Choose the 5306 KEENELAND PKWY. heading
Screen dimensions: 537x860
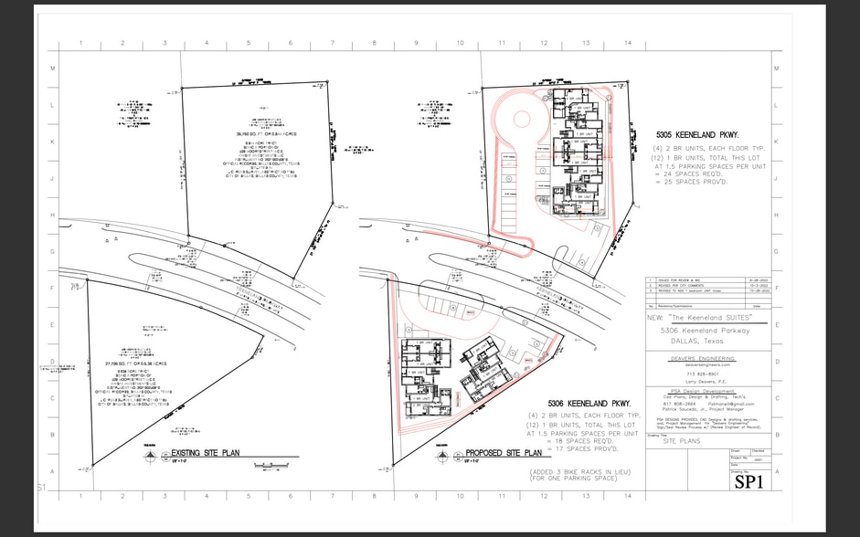pyautogui.click(x=589, y=404)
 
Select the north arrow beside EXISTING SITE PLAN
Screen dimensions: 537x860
pyautogui.click(x=154, y=453)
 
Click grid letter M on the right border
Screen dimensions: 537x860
pyautogui.click(x=775, y=68)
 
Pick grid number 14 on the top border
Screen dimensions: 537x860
pyautogui.click(x=627, y=44)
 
